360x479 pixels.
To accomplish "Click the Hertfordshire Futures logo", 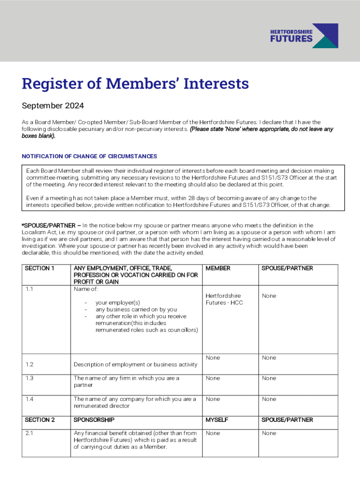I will click(x=304, y=36).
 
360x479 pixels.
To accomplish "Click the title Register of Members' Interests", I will click(x=135, y=84).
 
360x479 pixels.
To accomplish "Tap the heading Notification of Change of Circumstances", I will click(x=89, y=156).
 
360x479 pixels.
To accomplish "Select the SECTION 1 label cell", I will click(x=40, y=269).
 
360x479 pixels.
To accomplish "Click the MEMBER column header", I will click(x=218, y=269).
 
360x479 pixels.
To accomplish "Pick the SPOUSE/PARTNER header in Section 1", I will click(x=287, y=269).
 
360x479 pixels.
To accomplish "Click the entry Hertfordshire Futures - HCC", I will click(x=223, y=299).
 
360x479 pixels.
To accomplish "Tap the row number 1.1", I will click(x=29, y=289).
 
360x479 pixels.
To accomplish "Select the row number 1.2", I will click(x=29, y=364).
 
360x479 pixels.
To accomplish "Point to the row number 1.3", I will click(x=29, y=378).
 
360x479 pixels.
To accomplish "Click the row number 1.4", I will click(x=29, y=399).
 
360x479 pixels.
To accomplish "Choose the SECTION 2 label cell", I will click(x=40, y=420).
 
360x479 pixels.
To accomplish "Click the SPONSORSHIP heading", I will click(x=94, y=420).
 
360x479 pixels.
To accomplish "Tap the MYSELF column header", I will click(x=217, y=420).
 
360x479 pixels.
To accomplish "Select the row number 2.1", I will click(x=29, y=433).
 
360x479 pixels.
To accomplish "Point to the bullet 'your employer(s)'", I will click(x=118, y=303).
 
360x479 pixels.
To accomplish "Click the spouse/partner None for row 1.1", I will click(x=269, y=296).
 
